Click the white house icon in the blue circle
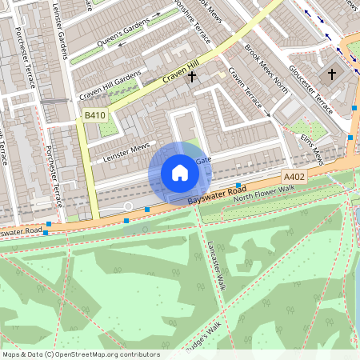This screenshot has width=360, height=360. pyautogui.click(x=179, y=173)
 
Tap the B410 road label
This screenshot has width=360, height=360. pyautogui.click(x=95, y=116)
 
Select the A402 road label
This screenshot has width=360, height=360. pyautogui.click(x=293, y=177)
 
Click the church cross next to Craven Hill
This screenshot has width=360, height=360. pyautogui.click(x=191, y=77)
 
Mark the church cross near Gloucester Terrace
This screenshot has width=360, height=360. pyautogui.click(x=332, y=74)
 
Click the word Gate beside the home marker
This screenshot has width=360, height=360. pyautogui.click(x=202, y=160)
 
